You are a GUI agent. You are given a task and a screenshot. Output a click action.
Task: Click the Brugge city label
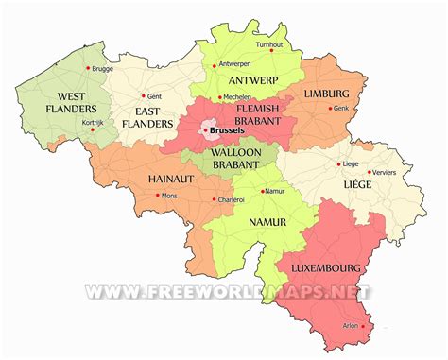[x=102, y=68]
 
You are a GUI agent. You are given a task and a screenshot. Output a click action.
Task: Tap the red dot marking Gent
[x=144, y=95]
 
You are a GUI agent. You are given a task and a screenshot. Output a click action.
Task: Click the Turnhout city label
[x=270, y=43]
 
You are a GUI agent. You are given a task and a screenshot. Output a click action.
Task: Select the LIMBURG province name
[x=326, y=94]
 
